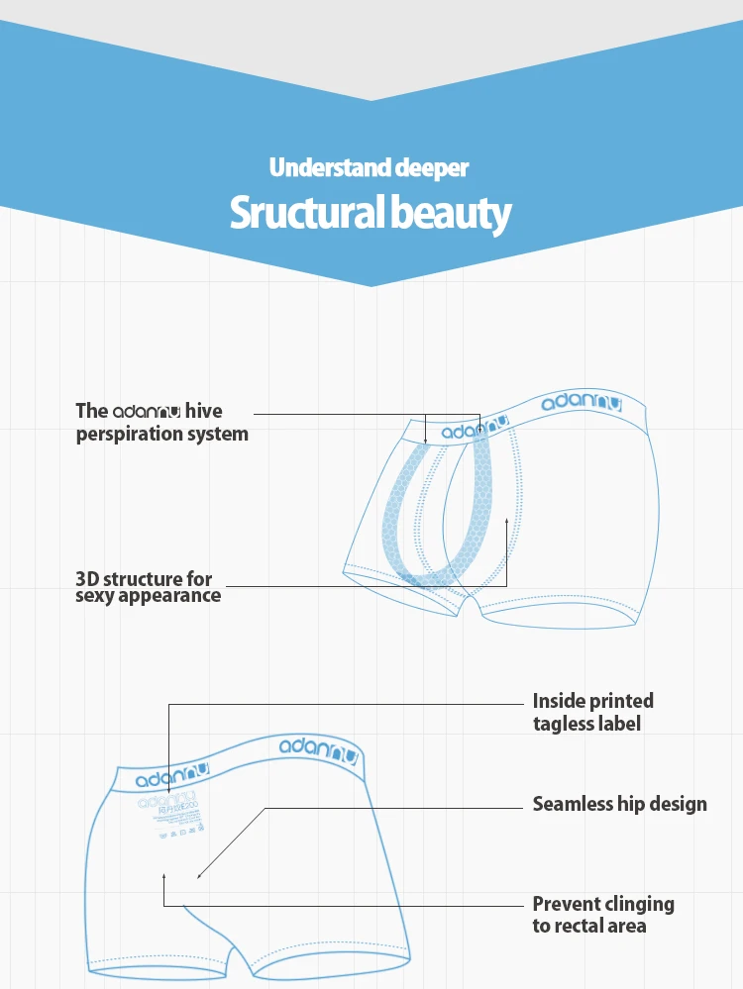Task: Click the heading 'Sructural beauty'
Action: tap(371, 213)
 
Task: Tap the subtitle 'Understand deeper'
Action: tap(369, 167)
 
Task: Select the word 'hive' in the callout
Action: tap(204, 411)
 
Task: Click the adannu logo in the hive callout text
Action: tap(146, 412)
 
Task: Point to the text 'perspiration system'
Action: tap(162, 434)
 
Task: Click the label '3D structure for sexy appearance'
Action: tap(148, 587)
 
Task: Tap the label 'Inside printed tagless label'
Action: tap(592, 712)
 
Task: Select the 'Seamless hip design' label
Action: tap(619, 804)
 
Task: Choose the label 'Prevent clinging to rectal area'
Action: tap(602, 915)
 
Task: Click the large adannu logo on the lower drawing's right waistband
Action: tap(317, 749)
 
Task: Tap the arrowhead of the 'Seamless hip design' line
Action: tap(199, 875)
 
